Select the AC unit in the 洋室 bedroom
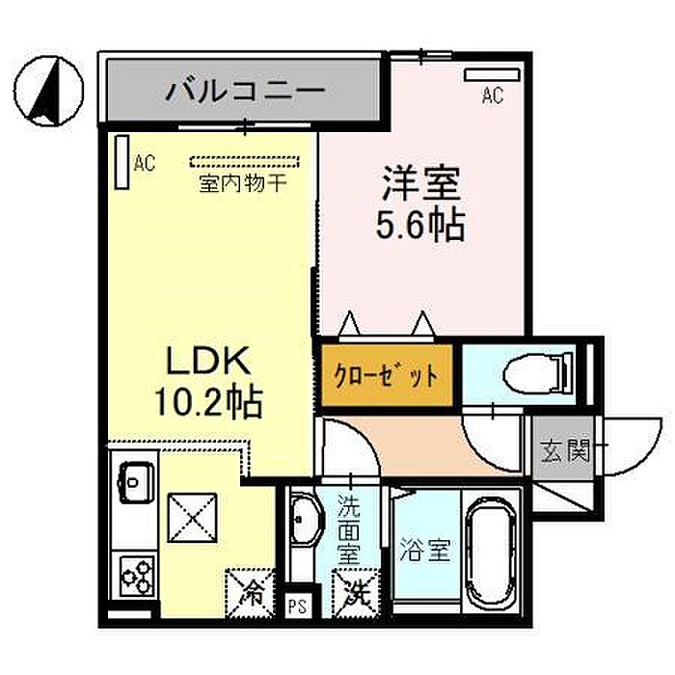(x=484, y=73)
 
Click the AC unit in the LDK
(x=121, y=161)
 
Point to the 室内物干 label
(x=242, y=183)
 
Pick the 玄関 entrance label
(x=564, y=450)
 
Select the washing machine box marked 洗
(x=353, y=590)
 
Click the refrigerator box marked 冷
(x=250, y=589)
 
